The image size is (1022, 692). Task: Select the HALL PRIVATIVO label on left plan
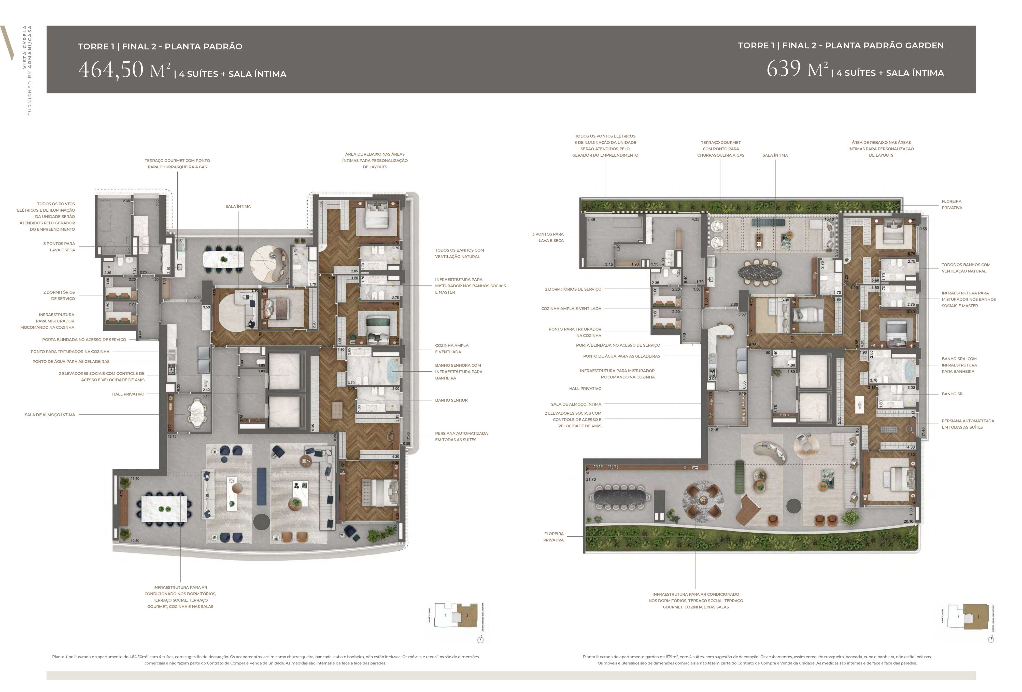pos(128,394)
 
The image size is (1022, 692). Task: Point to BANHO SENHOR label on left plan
pos(451,400)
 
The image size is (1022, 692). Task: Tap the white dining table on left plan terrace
pos(164,509)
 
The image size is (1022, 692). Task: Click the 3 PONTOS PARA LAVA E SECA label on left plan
pos(59,247)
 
